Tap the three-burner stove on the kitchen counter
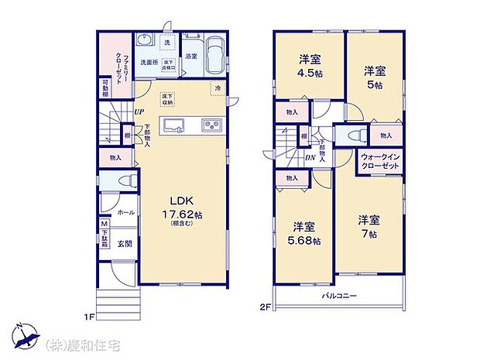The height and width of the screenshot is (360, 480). click(x=211, y=125)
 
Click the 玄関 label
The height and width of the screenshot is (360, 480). click(x=125, y=242)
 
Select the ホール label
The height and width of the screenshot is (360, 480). click(x=125, y=211)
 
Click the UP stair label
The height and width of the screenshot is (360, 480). click(x=139, y=111)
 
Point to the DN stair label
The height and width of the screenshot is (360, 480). click(x=309, y=157)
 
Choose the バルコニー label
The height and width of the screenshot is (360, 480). click(x=340, y=297)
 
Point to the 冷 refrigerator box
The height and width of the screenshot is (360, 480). click(x=218, y=88)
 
